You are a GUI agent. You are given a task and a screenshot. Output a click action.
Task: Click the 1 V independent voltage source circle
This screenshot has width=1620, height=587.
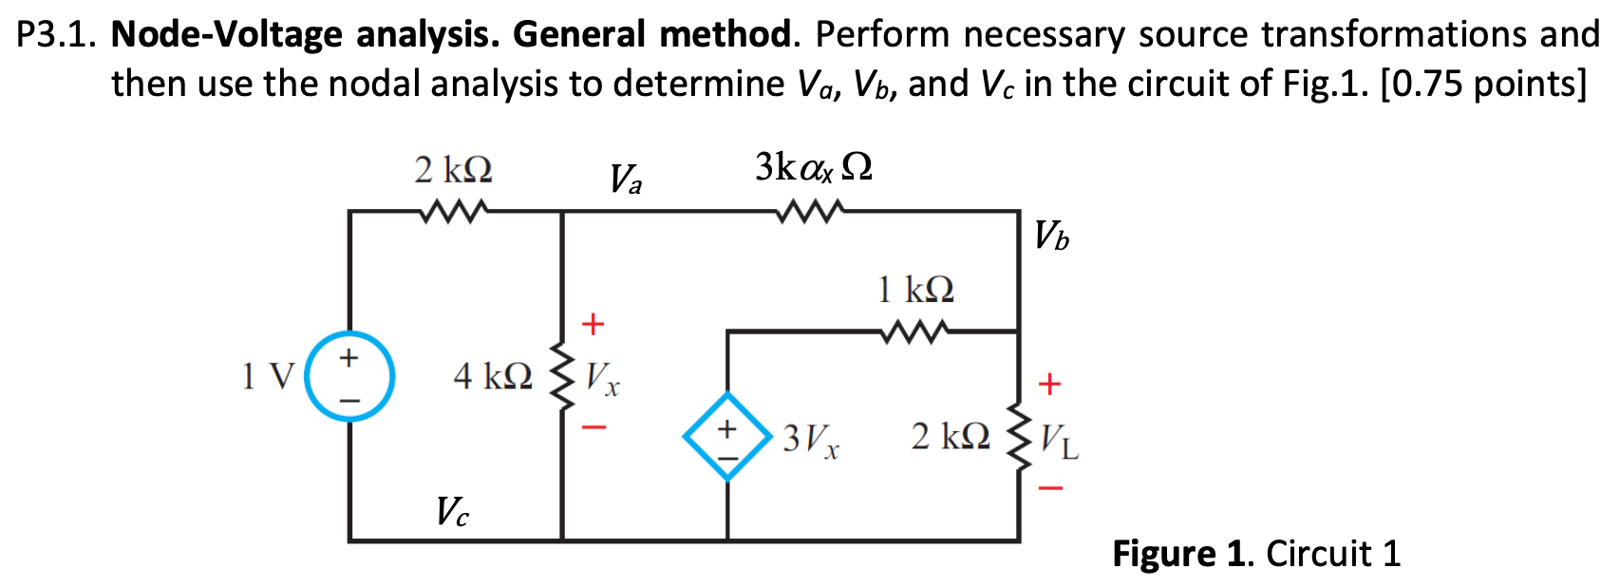coord(349,376)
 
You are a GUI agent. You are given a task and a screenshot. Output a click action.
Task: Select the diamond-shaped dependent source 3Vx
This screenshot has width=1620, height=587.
coord(727,436)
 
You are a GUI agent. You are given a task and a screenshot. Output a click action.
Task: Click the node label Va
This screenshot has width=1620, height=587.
coord(625,178)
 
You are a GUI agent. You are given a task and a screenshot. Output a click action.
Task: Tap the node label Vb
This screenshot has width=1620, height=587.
coord(1051,235)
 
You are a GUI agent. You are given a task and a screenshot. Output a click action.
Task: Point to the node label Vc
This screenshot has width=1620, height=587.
coord(452,512)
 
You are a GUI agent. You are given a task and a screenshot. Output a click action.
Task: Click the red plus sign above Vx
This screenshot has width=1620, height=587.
coord(593,324)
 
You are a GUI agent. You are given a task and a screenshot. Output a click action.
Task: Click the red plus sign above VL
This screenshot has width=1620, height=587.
coord(1048,384)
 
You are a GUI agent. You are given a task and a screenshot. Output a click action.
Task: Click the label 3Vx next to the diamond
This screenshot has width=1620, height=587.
coord(811,439)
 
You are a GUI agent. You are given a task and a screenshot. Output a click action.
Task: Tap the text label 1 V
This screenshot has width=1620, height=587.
coord(267,377)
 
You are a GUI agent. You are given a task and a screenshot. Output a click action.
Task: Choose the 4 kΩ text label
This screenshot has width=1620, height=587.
coord(492,377)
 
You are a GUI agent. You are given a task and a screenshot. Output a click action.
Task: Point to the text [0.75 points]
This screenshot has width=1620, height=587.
coord(1482,84)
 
